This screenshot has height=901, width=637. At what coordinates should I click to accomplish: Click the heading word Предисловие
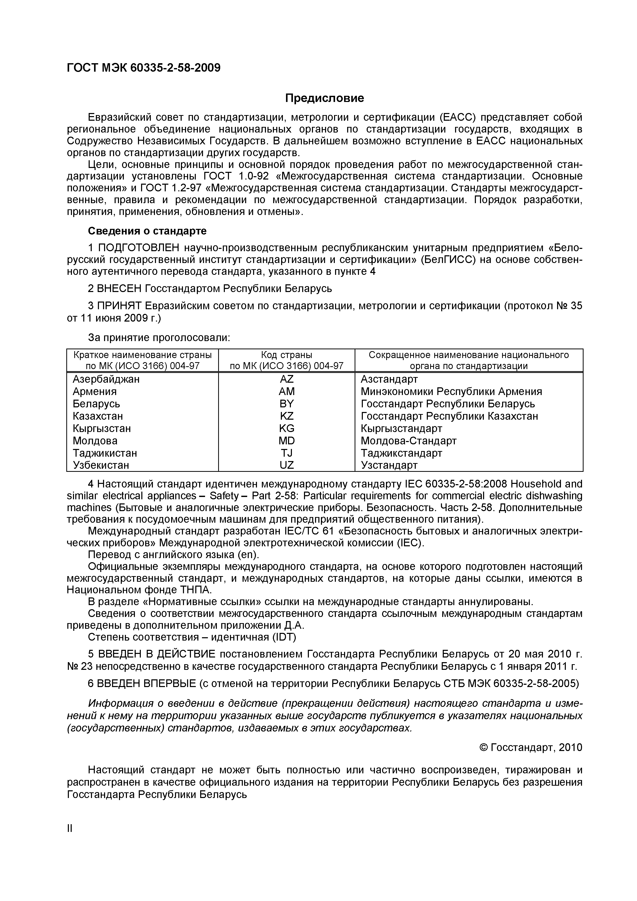(x=324, y=98)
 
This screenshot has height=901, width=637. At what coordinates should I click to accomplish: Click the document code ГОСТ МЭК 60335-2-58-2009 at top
(x=144, y=68)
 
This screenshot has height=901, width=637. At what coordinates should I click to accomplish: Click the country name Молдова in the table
(x=95, y=441)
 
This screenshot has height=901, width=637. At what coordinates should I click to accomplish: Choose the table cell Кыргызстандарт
(x=401, y=428)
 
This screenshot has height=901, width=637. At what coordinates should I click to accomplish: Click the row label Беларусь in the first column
(x=96, y=404)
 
